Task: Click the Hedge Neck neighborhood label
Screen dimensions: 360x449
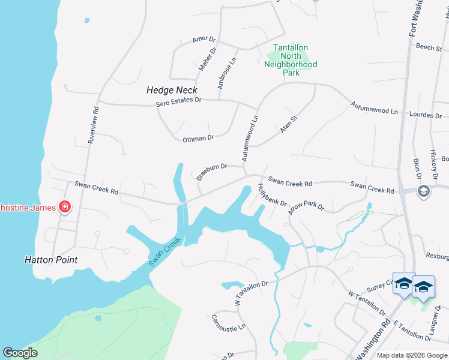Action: coord(172,90)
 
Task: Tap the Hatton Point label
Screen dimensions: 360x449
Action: coord(51,260)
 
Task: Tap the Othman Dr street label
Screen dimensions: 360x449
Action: coord(198,138)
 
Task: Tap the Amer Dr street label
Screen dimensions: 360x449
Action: coord(200,39)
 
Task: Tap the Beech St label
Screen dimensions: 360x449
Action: coord(429,47)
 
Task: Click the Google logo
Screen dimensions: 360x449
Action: coord(20,353)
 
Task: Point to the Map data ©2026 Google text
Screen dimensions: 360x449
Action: coord(411,355)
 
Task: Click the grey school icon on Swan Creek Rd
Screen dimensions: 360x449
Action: coord(423,191)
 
